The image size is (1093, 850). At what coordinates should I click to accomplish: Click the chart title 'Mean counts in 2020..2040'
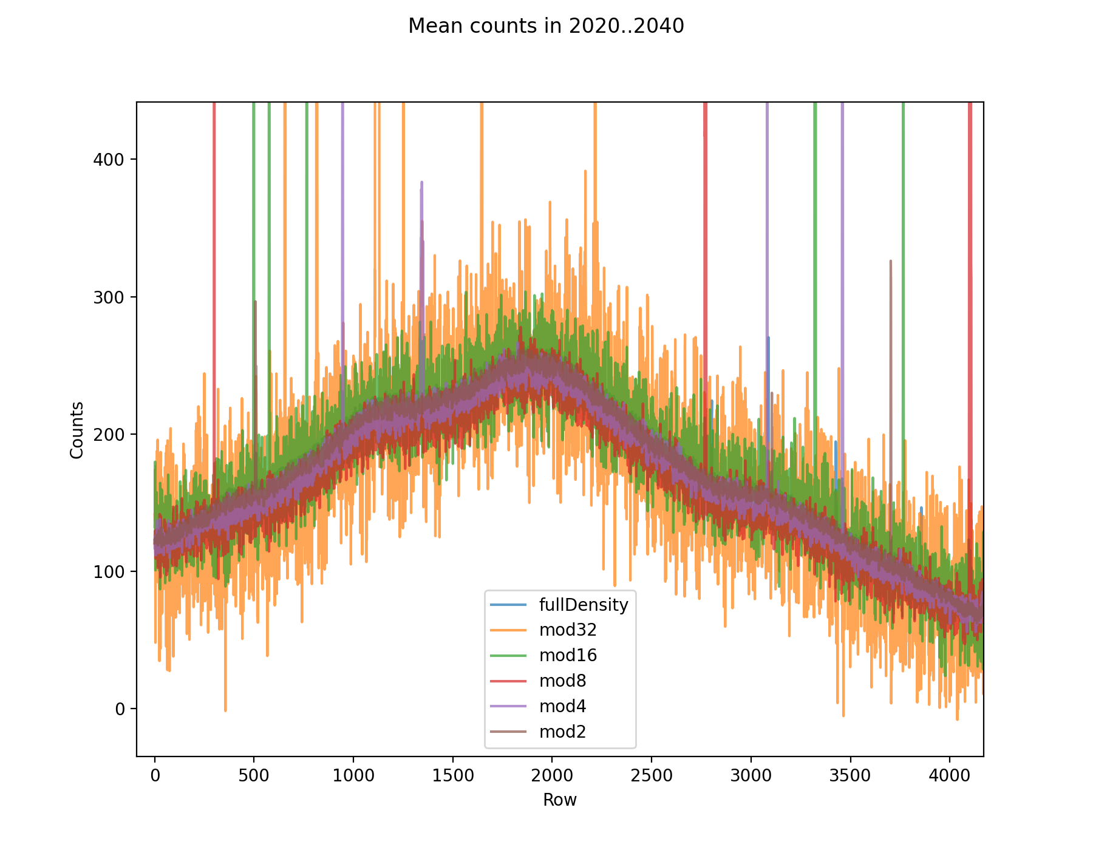tap(546, 26)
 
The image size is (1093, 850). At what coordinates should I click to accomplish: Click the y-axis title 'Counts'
tap(77, 430)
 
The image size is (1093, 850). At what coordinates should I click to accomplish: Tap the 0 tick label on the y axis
tap(120, 709)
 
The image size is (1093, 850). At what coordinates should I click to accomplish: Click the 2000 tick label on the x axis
tap(552, 775)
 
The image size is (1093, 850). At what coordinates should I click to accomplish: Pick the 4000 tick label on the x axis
tap(949, 775)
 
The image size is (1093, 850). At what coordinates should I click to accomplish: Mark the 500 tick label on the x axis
tap(254, 775)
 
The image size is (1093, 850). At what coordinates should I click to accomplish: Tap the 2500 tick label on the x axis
tap(651, 775)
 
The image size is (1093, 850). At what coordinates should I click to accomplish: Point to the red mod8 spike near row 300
tap(214, 243)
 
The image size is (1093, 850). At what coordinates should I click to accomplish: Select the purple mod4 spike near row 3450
tap(842, 243)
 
